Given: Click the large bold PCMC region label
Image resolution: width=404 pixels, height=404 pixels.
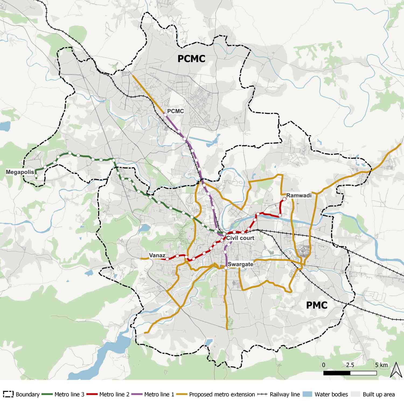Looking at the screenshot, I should click(x=191, y=59).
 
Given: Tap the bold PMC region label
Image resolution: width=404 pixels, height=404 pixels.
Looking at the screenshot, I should click(x=317, y=305).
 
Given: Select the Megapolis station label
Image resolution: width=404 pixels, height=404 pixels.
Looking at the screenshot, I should click(x=20, y=172).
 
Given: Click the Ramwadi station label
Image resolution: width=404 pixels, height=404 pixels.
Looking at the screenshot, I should click(x=299, y=195).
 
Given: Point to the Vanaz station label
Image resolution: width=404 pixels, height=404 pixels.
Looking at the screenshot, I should click(x=157, y=255).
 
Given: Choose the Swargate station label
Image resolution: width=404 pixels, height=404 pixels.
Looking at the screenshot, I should click(x=240, y=264).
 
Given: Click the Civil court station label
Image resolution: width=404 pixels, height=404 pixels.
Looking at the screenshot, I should click(x=240, y=238).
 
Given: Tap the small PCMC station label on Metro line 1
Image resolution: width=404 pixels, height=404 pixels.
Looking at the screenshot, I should click(x=175, y=111).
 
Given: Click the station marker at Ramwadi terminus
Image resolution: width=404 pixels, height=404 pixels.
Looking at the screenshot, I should click(x=284, y=199).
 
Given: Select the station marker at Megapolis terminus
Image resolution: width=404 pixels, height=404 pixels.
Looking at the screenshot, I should click(x=36, y=176).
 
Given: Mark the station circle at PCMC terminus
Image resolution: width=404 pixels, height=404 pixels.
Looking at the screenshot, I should click(x=165, y=115).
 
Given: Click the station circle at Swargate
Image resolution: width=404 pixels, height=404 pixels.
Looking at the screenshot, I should click(x=226, y=268).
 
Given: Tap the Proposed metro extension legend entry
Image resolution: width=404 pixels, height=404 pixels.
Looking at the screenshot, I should click(x=216, y=394).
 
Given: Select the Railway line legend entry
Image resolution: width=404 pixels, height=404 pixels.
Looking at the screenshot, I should click(x=279, y=394).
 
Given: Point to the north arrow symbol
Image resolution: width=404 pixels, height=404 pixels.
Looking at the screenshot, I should click(x=396, y=369).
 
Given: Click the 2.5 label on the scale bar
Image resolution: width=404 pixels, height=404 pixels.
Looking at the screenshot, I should click(x=350, y=365).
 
